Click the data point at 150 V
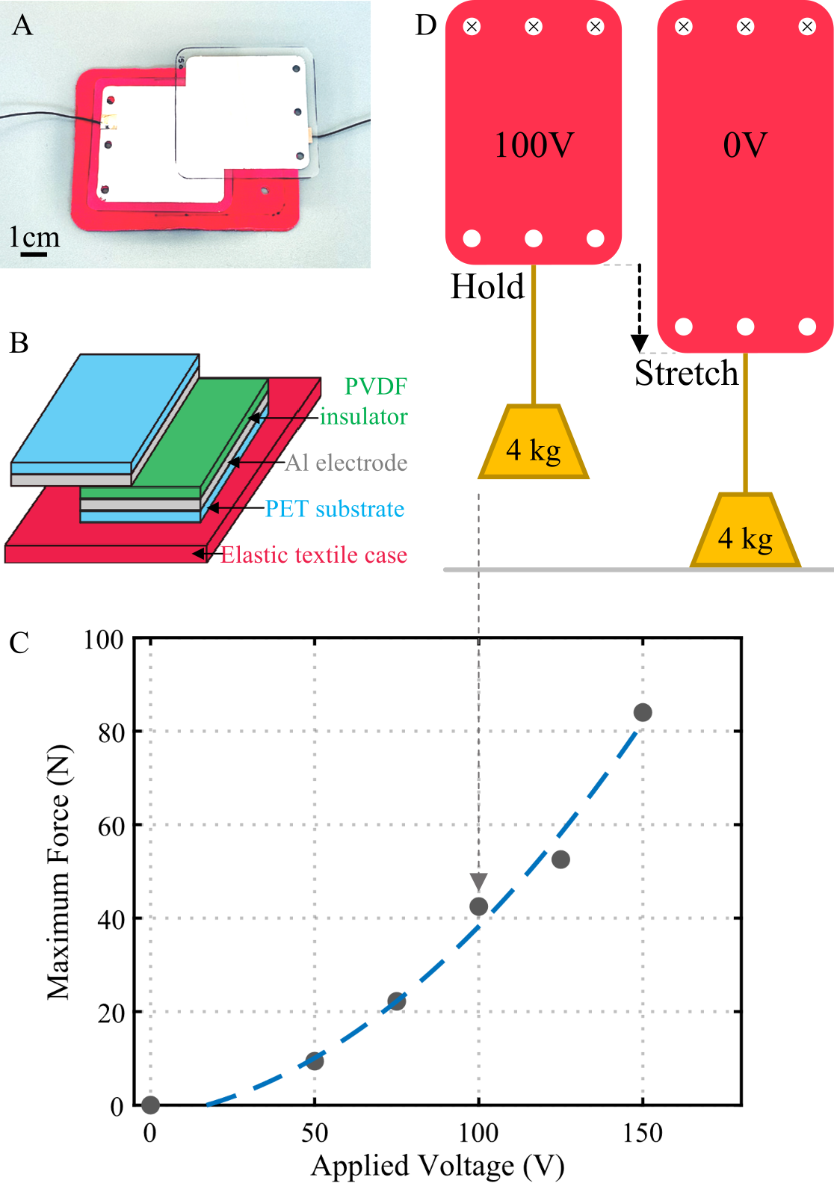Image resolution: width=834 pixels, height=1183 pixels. click(643, 712)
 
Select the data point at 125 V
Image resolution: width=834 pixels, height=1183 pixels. click(560, 859)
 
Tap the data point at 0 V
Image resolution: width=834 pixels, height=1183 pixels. click(150, 1105)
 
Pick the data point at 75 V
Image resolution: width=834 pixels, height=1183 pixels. click(397, 1001)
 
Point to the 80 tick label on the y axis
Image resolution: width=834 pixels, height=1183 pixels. click(111, 732)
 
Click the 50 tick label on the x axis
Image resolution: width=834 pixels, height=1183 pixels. click(315, 1133)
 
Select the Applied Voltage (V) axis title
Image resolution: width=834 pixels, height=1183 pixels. click(437, 1165)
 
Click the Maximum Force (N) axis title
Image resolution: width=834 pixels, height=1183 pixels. click(58, 871)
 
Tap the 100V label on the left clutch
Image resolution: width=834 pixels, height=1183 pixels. click(534, 145)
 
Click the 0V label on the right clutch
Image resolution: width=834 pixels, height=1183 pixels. click(745, 145)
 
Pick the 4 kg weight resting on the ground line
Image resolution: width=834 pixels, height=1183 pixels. click(745, 531)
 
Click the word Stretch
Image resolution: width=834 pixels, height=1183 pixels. click(686, 373)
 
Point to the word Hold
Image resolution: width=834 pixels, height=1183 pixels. click(487, 287)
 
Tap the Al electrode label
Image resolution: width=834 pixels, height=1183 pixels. click(347, 463)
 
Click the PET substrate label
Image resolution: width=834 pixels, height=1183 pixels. click(335, 509)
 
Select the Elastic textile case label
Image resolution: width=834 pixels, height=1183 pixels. click(314, 555)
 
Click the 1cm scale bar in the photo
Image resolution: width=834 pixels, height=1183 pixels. click(34, 254)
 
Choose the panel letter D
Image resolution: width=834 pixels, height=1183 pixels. click(426, 25)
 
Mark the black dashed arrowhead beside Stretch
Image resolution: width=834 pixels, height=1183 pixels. click(639, 343)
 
